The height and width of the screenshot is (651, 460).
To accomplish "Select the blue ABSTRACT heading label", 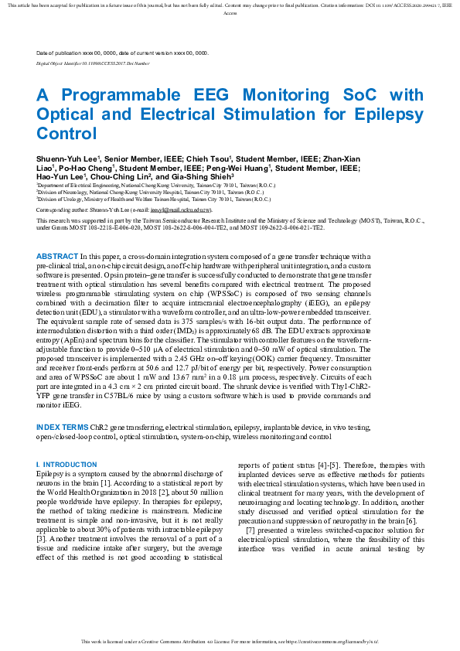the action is (57, 256).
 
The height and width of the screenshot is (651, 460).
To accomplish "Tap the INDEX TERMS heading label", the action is (63, 427).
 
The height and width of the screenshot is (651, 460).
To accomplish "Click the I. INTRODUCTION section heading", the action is (66, 464).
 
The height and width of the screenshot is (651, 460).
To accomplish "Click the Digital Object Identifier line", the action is (93, 62).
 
